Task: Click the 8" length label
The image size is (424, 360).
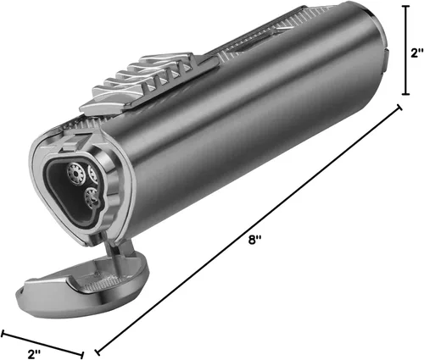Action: coord(254,241)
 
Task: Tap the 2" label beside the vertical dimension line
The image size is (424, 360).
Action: coord(416,53)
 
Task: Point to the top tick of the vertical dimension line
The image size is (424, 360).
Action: coord(406,6)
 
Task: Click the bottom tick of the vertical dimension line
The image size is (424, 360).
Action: coord(406,94)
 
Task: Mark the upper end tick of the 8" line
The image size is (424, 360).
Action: coord(399,108)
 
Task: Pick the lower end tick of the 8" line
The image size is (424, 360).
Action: coord(98,352)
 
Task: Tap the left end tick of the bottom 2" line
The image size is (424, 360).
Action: coord(3,334)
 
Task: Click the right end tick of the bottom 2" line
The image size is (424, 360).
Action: coord(82,355)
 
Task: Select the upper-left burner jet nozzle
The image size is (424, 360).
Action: coord(75,173)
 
